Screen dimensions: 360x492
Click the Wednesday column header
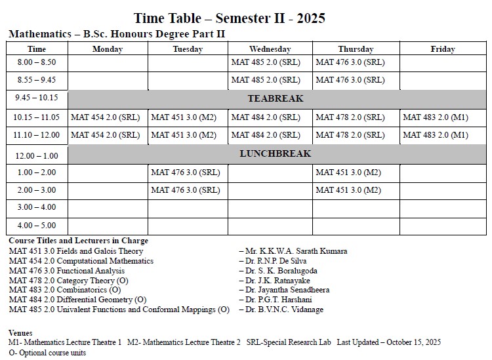tap(270, 49)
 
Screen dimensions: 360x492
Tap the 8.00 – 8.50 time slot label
tap(37, 62)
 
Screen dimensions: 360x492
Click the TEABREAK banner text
tap(276, 99)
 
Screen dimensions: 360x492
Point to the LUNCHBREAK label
tap(276, 154)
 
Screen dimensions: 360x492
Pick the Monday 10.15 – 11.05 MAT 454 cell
tap(105, 117)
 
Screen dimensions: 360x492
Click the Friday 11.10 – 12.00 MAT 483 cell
tap(436, 135)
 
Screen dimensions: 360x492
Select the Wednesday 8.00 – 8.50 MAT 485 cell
tap(266, 62)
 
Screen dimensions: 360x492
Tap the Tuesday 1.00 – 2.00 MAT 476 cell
tap(185, 172)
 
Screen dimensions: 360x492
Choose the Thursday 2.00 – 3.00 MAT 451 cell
tap(348, 190)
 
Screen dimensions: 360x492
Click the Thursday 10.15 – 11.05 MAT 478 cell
tap(350, 117)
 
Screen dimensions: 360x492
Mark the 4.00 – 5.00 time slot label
tap(37, 226)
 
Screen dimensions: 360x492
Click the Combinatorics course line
tap(65, 290)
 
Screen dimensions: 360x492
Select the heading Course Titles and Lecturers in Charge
tap(78, 241)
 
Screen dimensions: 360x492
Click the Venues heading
tap(20, 333)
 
